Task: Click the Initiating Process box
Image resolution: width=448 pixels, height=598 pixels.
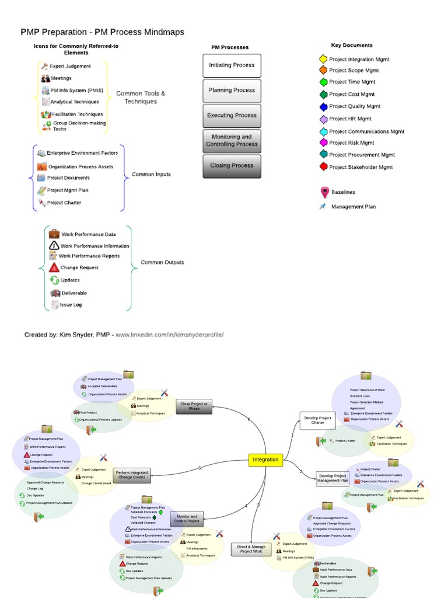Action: [232, 65]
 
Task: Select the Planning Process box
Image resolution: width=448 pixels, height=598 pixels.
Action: [232, 91]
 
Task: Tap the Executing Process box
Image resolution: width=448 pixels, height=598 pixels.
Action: [232, 116]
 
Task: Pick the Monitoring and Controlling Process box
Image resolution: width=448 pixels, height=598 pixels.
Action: [232, 141]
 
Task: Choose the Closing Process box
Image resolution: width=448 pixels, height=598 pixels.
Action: [232, 166]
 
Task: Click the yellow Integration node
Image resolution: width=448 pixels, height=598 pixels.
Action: [266, 460]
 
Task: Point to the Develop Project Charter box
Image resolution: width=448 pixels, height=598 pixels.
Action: [317, 420]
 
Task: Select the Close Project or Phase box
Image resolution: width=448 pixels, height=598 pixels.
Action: [194, 406]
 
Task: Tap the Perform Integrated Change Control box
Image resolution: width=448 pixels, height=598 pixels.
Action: [131, 475]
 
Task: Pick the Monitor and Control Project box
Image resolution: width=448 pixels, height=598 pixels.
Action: [187, 519]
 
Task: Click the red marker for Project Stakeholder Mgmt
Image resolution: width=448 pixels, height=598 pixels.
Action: [323, 167]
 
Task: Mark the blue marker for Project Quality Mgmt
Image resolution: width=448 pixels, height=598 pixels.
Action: [323, 107]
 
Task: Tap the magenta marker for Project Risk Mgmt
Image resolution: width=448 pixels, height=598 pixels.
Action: [323, 142]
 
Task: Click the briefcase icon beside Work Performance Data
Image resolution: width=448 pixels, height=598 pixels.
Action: [54, 234]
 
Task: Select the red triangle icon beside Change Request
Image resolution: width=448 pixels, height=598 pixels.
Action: [54, 267]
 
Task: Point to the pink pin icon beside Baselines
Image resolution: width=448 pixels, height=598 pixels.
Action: [324, 192]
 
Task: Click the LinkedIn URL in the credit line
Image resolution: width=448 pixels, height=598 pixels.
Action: [169, 335]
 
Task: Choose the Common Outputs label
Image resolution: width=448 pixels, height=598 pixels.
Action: [162, 262]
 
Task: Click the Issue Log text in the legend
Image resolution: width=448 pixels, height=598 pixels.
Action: [71, 304]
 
